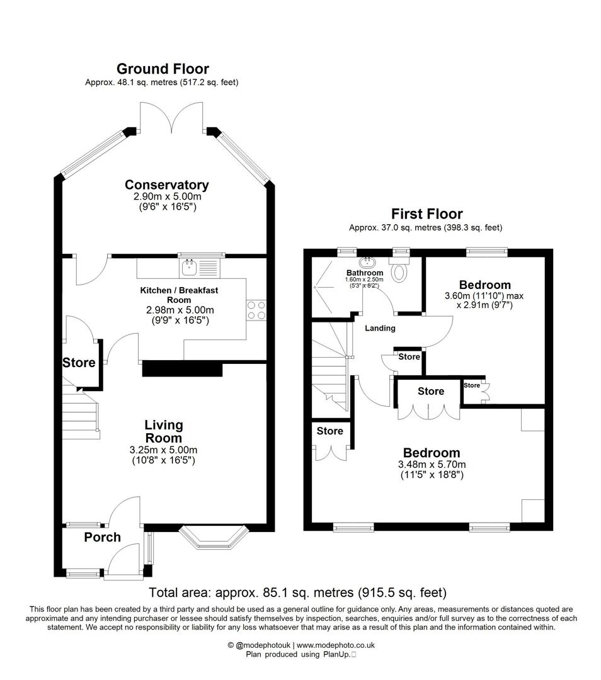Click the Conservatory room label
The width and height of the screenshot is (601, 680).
coord(166,184)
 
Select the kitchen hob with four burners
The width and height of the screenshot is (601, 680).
coord(256,310)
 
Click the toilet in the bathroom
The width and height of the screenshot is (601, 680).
coord(399,269)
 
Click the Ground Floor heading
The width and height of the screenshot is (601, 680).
coord(162,69)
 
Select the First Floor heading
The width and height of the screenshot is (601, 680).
coord(426,214)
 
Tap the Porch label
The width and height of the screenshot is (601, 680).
coord(102,536)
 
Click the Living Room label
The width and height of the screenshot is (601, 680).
coord(164,431)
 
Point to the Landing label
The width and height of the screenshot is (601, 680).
coord(380,328)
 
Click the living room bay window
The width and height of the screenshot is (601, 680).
coord(212,538)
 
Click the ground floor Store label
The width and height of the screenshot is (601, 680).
coord(79,363)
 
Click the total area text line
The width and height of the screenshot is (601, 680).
coord(297,592)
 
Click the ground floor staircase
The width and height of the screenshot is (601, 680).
coord(81,412)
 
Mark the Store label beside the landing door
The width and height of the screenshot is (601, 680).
coord(409,357)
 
